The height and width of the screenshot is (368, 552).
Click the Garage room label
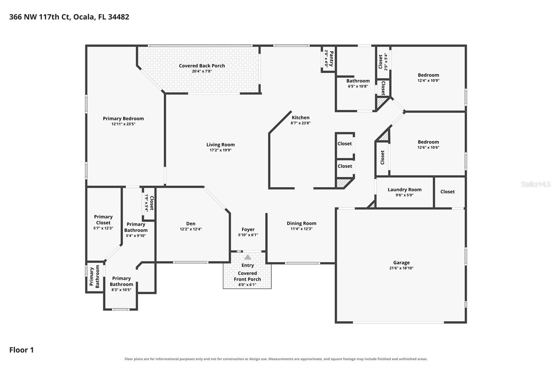click(x=402, y=263)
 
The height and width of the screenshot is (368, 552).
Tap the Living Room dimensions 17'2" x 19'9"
click(x=220, y=150)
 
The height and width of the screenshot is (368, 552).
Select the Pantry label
click(x=332, y=59)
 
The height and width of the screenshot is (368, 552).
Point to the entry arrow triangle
click(x=248, y=257)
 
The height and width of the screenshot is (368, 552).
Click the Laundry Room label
click(x=405, y=190)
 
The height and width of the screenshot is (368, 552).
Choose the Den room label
click(x=191, y=223)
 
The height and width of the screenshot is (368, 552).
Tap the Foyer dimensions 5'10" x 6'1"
click(x=248, y=235)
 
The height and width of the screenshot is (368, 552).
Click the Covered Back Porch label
click(x=202, y=66)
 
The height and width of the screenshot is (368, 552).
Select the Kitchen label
click(x=300, y=117)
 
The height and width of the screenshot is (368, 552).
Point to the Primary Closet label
click(x=103, y=220)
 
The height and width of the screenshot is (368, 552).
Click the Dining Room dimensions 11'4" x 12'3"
click(x=302, y=229)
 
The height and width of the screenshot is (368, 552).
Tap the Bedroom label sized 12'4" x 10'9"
click(x=428, y=75)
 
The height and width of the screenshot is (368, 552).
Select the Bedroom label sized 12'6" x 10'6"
click(x=428, y=142)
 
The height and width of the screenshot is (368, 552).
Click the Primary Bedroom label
click(x=123, y=118)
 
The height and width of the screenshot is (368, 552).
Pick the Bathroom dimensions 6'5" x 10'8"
click(x=358, y=86)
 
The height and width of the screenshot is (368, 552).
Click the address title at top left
click(x=69, y=17)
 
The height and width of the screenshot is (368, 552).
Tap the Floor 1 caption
click(x=21, y=350)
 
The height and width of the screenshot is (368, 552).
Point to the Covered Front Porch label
click(x=247, y=276)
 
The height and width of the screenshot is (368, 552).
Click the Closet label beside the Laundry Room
click(x=447, y=192)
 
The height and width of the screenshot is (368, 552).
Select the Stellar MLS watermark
click(x=535, y=184)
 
